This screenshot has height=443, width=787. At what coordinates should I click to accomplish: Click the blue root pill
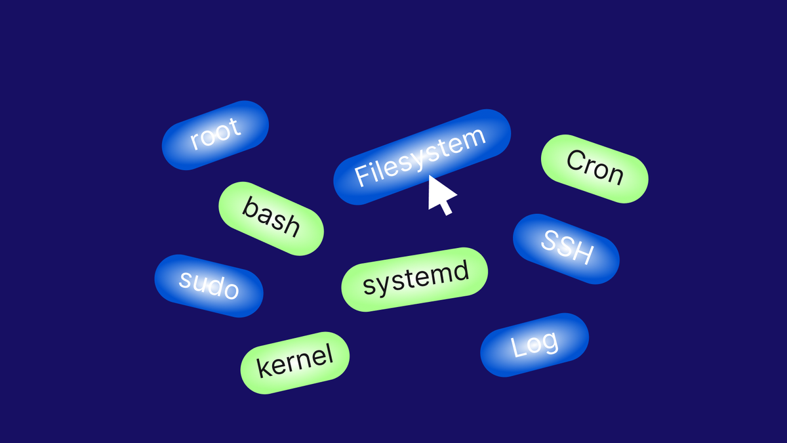point(215,135)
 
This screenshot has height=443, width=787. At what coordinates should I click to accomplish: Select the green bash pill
point(271,218)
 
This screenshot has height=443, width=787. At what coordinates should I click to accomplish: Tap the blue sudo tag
point(209,285)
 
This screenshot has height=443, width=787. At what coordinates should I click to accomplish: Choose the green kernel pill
point(294,362)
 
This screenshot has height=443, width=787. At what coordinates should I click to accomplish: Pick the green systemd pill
point(414,279)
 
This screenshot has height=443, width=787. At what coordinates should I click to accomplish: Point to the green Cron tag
point(594,169)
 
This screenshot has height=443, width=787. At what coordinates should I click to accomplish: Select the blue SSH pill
point(566,249)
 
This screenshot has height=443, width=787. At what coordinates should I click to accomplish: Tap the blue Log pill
point(535,345)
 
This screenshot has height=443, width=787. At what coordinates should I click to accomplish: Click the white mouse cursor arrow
point(440,194)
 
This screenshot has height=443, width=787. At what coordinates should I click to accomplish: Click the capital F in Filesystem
point(361,174)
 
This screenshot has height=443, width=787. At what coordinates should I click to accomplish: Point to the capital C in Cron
point(575,161)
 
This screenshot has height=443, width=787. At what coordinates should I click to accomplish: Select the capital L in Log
point(518,347)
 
